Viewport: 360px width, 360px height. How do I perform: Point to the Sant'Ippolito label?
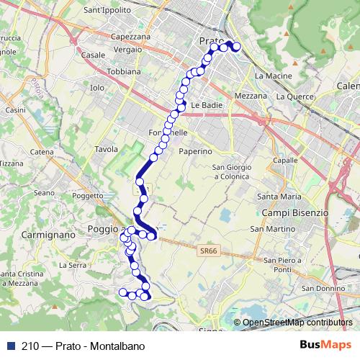click(107, 10)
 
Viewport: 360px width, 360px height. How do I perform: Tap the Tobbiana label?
click(123, 72)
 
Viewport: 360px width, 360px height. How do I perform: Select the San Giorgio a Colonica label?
click(231, 171)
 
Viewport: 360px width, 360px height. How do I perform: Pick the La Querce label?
click(293, 95)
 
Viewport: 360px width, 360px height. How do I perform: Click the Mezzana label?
click(251, 95)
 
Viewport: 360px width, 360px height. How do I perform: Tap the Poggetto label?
click(88, 195)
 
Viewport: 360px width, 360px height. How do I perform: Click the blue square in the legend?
click(10, 346)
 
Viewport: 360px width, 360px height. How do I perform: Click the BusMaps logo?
click(322, 346)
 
